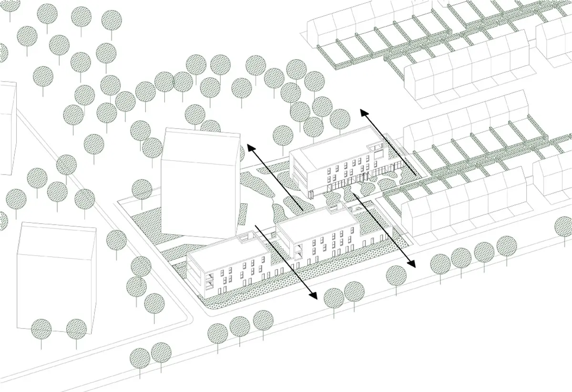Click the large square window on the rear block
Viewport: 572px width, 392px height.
coord(379,154)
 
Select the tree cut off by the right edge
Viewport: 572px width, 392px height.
coord(565,227)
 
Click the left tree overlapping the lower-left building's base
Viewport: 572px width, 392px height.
coord(41,329)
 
